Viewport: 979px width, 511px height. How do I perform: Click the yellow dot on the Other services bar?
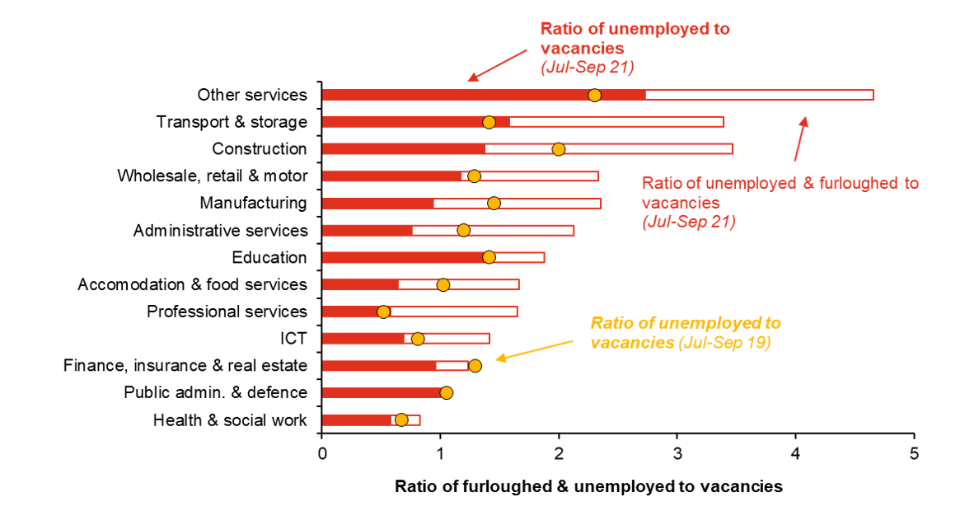pos(594,96)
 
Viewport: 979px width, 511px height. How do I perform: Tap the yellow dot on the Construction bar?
pos(559,149)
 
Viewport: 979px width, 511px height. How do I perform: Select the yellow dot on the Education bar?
pos(489,257)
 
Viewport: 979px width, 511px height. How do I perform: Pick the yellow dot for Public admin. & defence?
pos(447,392)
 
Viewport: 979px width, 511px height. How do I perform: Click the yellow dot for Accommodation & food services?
pos(443,285)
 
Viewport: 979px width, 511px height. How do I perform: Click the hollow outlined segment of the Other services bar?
pos(758,95)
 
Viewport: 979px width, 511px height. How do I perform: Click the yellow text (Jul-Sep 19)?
pos(724,343)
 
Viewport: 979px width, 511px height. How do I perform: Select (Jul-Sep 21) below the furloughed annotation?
pos(688,221)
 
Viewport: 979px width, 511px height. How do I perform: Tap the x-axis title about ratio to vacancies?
pos(587,485)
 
